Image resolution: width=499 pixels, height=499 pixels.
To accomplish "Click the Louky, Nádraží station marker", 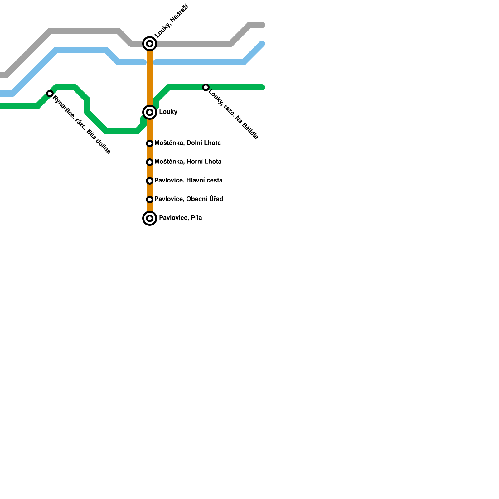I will coord(150,44).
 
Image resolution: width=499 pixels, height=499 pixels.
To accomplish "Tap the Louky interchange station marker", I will coord(150,112).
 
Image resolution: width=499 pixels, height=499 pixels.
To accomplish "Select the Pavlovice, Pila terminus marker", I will coord(150,218).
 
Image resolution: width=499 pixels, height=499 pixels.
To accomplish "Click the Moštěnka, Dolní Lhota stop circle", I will coord(150,143).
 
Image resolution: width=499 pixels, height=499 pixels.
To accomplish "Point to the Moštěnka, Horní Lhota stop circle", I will coord(150,162).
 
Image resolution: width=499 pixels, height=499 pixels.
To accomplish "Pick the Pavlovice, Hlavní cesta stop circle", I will coord(150,181).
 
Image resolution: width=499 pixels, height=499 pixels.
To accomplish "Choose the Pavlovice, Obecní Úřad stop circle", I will coord(150,200).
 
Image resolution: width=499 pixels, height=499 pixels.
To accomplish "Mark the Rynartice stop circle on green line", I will coord(50,94).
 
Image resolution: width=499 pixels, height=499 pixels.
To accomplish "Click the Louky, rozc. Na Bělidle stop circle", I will coord(206,87).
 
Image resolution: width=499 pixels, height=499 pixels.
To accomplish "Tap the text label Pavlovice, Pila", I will coord(180,218).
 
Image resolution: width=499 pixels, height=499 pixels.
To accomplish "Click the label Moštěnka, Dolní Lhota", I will coord(187,143).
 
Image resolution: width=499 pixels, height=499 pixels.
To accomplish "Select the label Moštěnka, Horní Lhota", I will coord(188,162).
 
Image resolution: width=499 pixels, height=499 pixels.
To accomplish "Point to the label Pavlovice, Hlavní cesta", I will coord(188,181).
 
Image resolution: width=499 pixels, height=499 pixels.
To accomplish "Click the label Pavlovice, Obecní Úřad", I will coord(189,199).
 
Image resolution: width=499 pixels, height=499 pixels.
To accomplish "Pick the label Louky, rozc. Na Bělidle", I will coord(233,114).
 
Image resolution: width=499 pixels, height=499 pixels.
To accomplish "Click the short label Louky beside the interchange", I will coord(168,112).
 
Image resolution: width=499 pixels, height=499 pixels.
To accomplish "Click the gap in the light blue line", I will coord(150,63).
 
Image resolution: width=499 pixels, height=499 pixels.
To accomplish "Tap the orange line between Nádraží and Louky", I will coord(150,78).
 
